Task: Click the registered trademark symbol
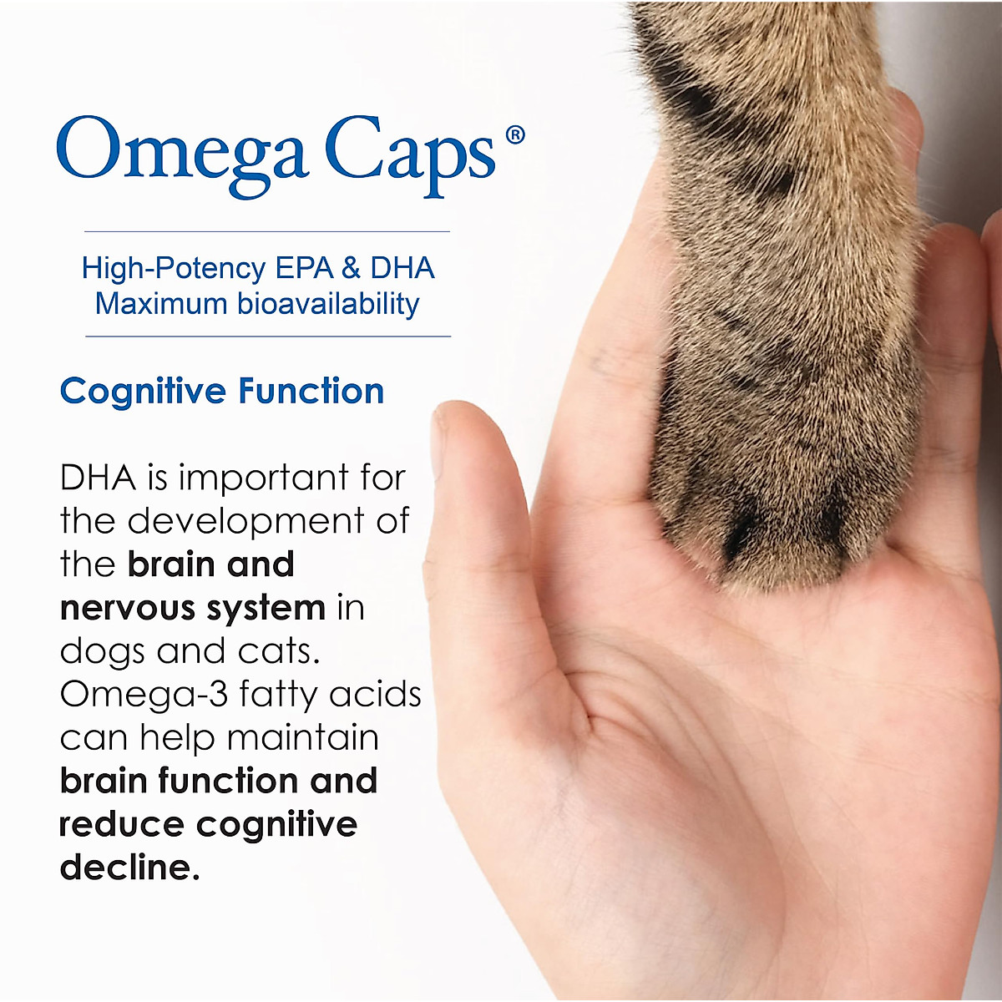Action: [515, 134]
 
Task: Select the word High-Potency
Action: [173, 268]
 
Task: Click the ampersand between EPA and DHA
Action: [351, 268]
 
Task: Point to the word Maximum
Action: [160, 303]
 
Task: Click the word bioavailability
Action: [327, 303]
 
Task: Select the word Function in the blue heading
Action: [311, 391]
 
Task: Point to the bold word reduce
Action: [121, 825]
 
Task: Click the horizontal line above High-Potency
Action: [267, 231]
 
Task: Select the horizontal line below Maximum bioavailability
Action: [267, 337]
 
